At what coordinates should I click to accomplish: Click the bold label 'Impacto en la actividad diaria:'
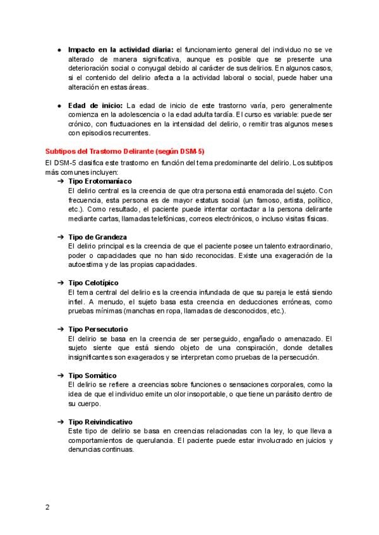(121, 49)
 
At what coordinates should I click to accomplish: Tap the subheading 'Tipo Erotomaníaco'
(100, 181)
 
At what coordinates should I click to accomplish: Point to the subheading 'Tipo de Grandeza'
(97, 237)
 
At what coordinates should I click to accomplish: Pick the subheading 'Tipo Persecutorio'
(98, 329)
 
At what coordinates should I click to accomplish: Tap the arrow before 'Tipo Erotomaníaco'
(60, 181)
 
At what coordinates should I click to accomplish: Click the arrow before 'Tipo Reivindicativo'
(60, 421)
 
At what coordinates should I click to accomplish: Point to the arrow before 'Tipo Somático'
(60, 375)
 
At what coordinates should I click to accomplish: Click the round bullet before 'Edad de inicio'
(59, 105)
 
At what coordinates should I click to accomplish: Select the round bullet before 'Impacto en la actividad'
(59, 49)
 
